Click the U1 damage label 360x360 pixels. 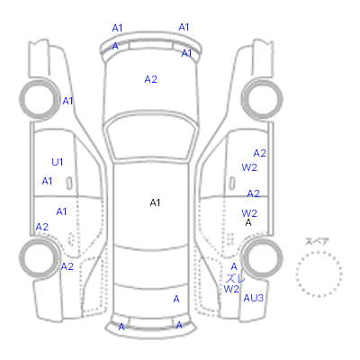[x=58, y=162]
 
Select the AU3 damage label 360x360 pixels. [x=254, y=298]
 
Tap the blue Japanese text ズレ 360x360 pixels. [x=235, y=278]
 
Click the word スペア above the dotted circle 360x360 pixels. [x=317, y=241]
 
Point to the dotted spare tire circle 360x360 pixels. [x=319, y=253]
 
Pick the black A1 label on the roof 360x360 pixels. [x=155, y=203]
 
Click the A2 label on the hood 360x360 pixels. [x=150, y=79]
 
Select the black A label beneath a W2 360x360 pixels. [x=248, y=222]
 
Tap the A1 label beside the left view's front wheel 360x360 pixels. [x=67, y=101]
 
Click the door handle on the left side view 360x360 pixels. [x=69, y=184]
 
